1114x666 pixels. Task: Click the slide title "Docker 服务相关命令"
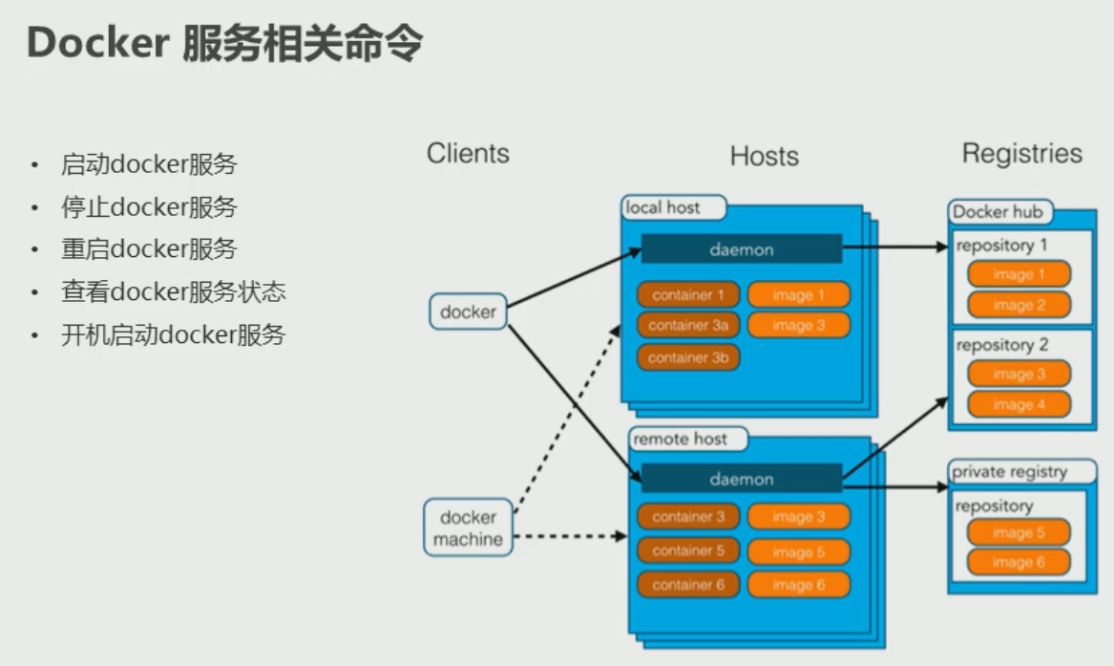[224, 43]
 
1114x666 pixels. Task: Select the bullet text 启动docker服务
[149, 164]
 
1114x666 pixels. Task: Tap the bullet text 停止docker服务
[149, 207]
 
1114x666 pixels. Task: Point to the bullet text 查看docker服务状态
[173, 292]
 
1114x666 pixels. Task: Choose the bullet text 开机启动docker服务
[173, 335]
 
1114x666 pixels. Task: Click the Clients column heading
[468, 153]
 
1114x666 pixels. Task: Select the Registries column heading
[1021, 154]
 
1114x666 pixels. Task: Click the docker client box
[468, 312]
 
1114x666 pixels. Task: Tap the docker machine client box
[468, 527]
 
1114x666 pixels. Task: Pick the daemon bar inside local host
[741, 249]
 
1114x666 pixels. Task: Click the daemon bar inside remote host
[741, 480]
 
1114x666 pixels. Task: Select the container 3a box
[688, 326]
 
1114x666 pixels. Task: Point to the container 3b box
[688, 358]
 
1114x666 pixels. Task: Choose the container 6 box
[688, 585]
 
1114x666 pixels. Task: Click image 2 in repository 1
[1019, 306]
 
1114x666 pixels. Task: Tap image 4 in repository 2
[1019, 404]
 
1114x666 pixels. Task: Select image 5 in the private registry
[1019, 533]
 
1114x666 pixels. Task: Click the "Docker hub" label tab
[998, 212]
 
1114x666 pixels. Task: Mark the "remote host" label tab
[680, 440]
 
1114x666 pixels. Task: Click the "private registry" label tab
[1009, 472]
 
